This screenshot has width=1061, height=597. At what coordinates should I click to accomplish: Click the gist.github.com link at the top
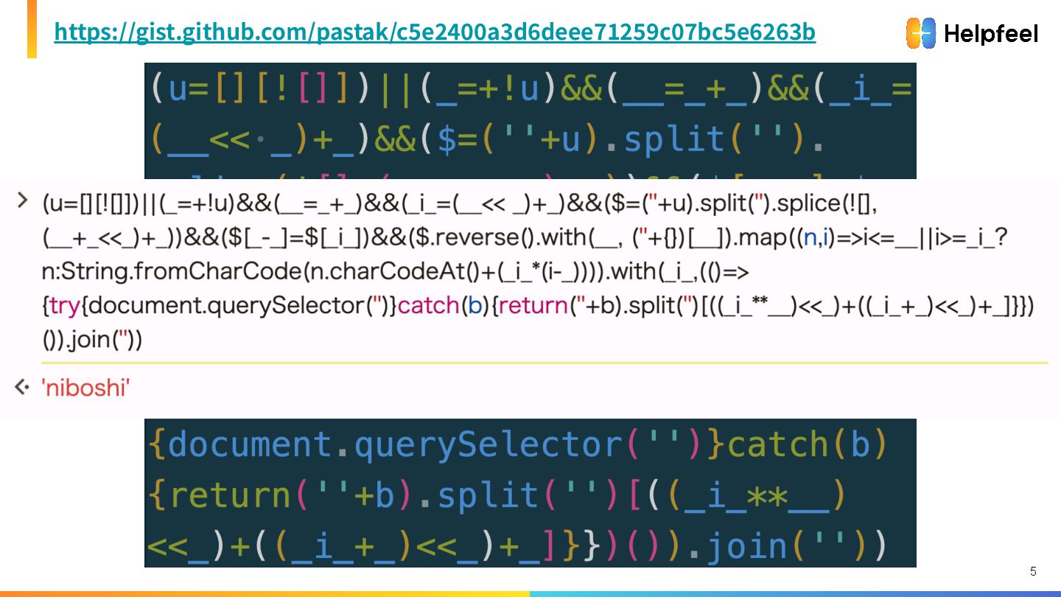pyautogui.click(x=435, y=32)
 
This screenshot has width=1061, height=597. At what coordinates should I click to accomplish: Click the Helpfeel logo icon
pyautogui.click(x=921, y=33)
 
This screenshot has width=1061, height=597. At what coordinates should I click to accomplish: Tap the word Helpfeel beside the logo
pyautogui.click(x=990, y=34)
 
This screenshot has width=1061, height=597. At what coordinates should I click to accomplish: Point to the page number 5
pyautogui.click(x=1033, y=571)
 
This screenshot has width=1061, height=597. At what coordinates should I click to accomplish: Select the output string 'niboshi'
pyautogui.click(x=87, y=388)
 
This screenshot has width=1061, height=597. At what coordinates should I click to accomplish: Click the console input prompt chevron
pyautogui.click(x=22, y=200)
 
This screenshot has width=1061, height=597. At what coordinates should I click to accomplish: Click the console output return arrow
pyautogui.click(x=22, y=387)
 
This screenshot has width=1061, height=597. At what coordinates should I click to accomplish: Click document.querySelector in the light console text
pyautogui.click(x=228, y=307)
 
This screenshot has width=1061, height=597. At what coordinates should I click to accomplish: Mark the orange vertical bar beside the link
pyautogui.click(x=32, y=29)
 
